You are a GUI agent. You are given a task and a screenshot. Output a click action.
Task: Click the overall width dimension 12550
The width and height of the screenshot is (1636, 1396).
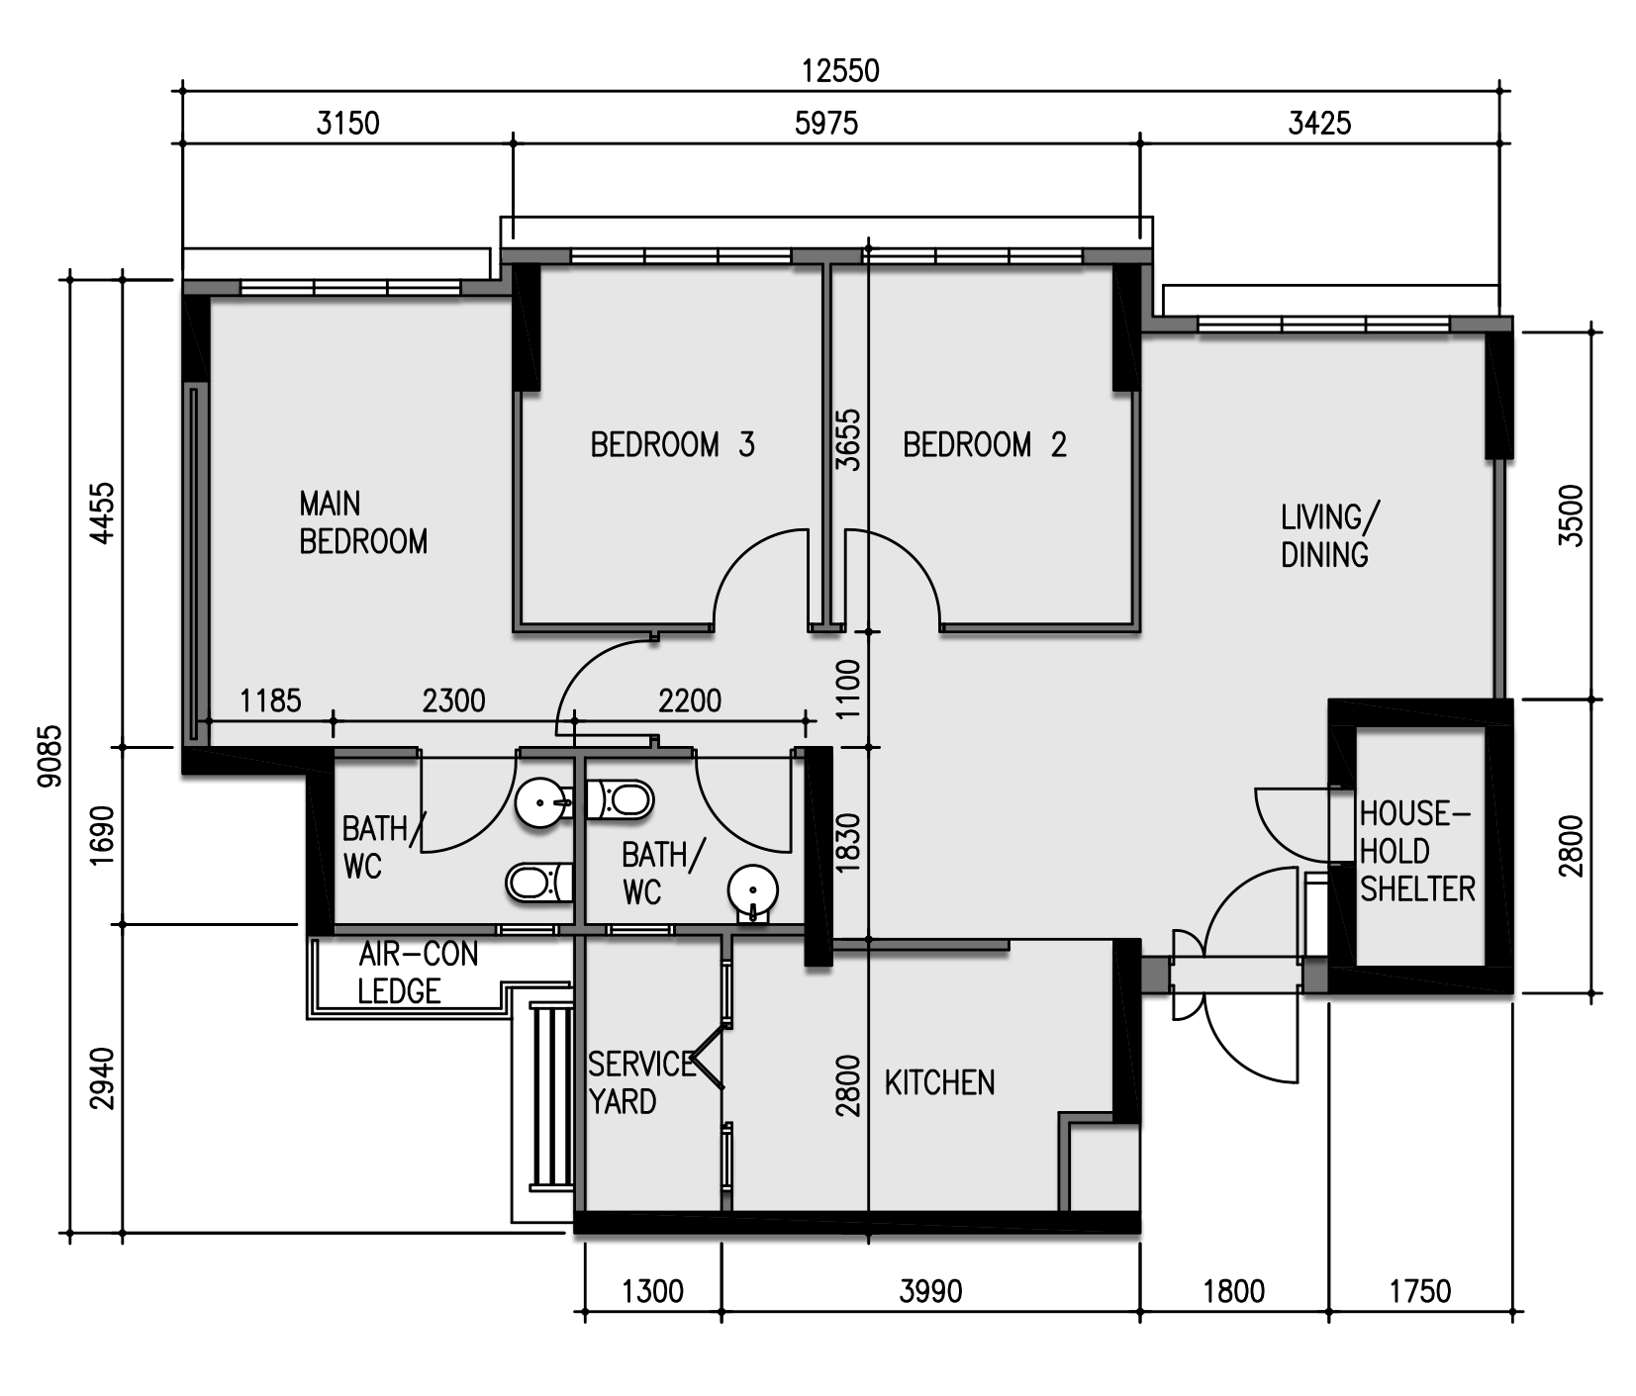(840, 71)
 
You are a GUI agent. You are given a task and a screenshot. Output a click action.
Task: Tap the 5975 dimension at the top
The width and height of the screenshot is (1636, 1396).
(826, 124)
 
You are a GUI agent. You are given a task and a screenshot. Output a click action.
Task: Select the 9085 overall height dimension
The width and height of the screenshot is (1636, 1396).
(49, 757)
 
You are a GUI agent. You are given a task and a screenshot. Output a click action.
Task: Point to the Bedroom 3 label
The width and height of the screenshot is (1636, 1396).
(673, 445)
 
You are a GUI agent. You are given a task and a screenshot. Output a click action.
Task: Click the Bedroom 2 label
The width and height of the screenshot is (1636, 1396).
(985, 445)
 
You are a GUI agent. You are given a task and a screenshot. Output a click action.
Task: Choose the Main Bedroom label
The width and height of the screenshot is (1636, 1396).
(363, 522)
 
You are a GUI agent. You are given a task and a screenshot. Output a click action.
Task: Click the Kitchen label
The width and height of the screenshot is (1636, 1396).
(939, 1083)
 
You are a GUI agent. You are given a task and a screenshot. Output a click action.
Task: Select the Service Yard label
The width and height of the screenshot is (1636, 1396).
(641, 1082)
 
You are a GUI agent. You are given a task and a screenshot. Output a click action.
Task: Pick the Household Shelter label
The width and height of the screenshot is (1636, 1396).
(1417, 852)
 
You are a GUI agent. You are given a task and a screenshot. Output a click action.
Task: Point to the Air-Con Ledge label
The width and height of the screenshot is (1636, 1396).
(418, 973)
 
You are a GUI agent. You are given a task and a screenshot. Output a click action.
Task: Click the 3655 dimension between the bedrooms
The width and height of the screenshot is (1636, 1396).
(848, 439)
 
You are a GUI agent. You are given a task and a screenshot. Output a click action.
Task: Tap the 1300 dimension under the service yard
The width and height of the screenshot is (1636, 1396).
(652, 1291)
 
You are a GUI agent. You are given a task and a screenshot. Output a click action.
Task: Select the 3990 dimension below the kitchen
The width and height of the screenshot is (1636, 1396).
(930, 1291)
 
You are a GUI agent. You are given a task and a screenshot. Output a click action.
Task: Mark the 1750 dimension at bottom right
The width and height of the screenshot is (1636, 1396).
(1420, 1291)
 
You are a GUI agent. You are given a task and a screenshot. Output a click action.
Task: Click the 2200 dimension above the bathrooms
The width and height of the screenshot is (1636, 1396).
(690, 700)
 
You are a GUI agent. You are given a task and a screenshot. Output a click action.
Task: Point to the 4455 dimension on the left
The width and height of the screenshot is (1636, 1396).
(102, 512)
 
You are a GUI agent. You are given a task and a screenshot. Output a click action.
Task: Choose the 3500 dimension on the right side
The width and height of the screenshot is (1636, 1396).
(1571, 515)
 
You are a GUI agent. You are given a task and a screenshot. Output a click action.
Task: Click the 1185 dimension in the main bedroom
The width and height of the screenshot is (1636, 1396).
(270, 700)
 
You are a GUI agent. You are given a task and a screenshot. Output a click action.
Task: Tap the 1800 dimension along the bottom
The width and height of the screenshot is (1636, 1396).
(1234, 1291)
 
